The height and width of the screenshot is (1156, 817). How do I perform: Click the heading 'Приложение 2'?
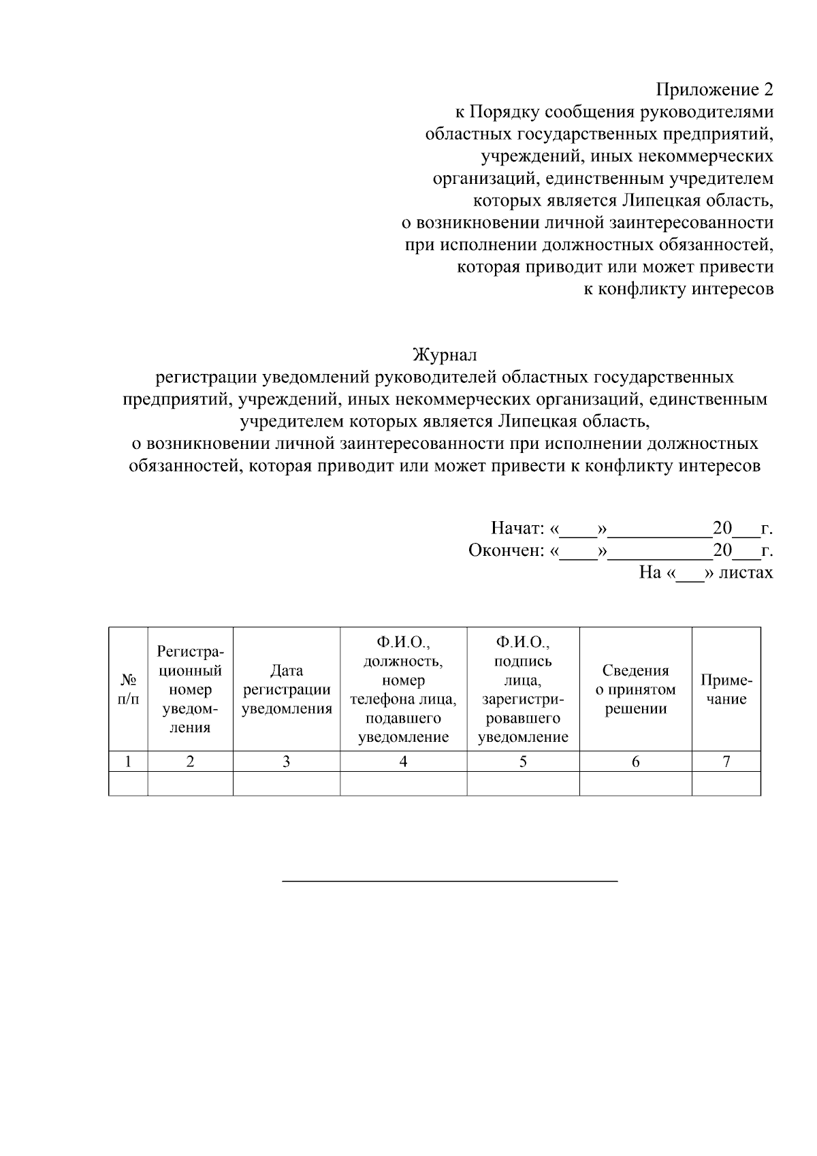[714, 90]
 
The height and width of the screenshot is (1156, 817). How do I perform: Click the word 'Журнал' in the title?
[445, 355]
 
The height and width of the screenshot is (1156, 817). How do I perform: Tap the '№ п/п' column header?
[128, 689]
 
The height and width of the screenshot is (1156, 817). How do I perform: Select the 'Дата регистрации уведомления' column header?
[287, 689]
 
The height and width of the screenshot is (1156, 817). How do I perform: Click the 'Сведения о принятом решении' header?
[635, 689]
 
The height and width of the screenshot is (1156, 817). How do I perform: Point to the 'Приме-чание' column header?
[726, 689]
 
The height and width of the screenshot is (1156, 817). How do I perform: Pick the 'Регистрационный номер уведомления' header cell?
[190, 689]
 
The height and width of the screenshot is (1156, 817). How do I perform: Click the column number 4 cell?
[403, 762]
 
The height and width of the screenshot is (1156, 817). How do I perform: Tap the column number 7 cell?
[726, 762]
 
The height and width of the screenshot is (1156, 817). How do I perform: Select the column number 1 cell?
[128, 762]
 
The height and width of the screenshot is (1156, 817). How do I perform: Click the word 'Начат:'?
[517, 529]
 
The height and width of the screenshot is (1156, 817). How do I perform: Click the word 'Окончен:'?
[506, 550]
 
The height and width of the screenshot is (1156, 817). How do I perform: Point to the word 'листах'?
[746, 572]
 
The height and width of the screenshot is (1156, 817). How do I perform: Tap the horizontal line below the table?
[450, 881]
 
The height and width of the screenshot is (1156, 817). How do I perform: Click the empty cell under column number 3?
[287, 783]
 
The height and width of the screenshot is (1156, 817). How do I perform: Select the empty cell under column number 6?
[635, 783]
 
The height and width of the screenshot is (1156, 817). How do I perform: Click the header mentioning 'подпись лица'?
[523, 689]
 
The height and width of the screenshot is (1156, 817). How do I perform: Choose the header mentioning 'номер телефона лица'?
[403, 689]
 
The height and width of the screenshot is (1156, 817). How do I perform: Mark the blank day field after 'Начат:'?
[577, 530]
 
